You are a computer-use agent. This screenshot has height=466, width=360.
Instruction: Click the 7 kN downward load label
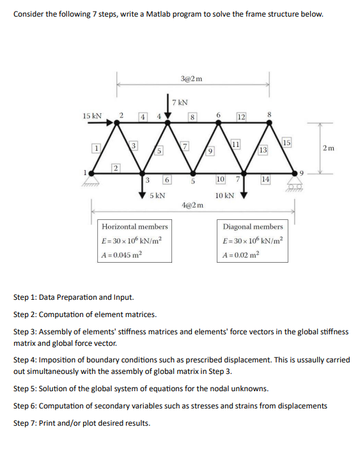click(x=181, y=102)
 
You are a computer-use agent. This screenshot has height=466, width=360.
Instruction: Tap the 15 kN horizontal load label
click(x=92, y=116)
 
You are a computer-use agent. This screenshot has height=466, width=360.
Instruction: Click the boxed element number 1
click(x=97, y=148)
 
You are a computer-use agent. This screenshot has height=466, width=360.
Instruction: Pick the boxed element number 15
click(x=286, y=142)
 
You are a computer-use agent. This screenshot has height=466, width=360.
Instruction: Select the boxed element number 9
click(x=211, y=151)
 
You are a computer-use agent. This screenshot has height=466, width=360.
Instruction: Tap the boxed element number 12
click(x=241, y=116)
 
